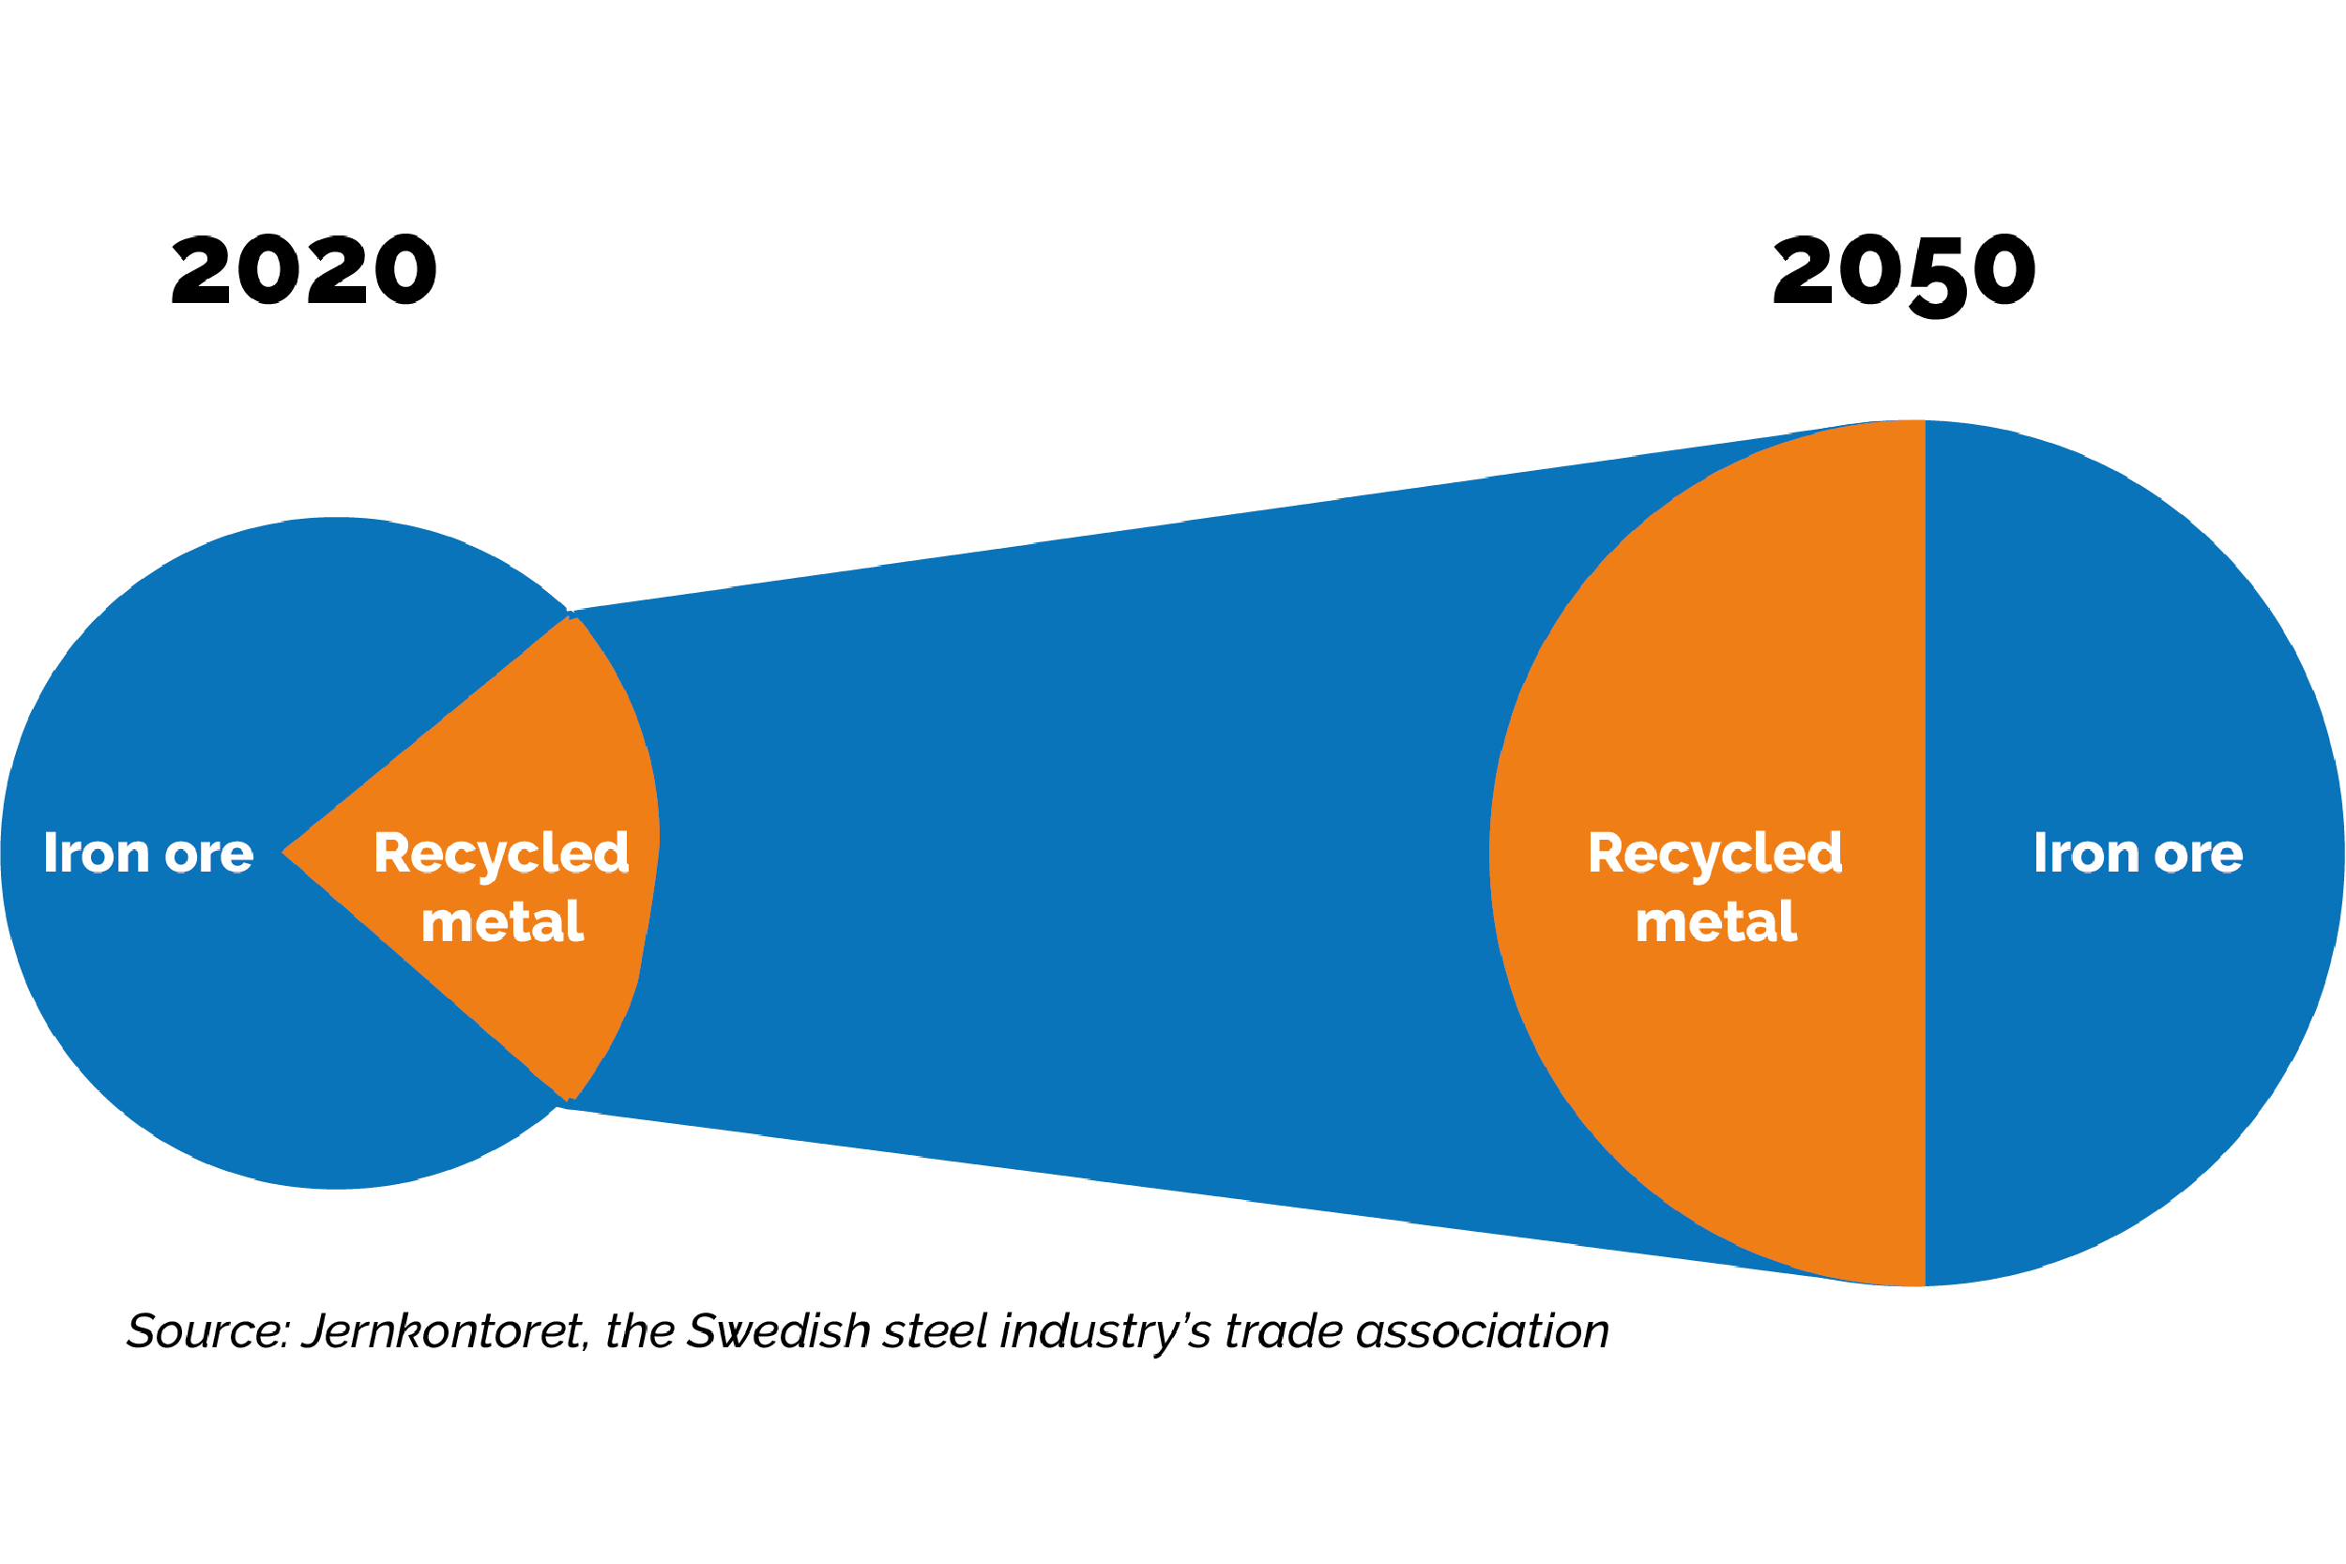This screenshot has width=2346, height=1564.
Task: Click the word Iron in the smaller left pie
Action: pos(96,854)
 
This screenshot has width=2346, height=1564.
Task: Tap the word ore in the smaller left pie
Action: pos(209,855)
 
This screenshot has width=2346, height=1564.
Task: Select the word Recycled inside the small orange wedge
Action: pos(501,855)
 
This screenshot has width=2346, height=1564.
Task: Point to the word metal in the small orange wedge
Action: pos(502,921)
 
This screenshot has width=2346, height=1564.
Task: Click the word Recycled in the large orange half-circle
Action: pos(1714,855)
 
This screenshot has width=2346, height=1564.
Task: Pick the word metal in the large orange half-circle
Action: pos(1715,921)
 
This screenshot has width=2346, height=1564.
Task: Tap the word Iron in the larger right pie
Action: pos(2086,854)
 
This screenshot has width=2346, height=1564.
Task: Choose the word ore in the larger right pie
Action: pos(2199,855)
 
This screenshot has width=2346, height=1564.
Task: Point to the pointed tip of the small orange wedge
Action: pos(284,852)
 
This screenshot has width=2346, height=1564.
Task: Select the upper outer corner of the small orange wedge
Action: pos(571,617)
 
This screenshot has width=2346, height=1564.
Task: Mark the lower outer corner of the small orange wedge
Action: pos(570,1101)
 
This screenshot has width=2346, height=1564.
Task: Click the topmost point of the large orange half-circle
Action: pos(1921,422)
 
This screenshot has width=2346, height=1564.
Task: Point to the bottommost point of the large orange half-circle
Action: pos(1921,1284)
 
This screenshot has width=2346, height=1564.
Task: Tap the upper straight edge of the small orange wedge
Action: pos(429,734)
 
